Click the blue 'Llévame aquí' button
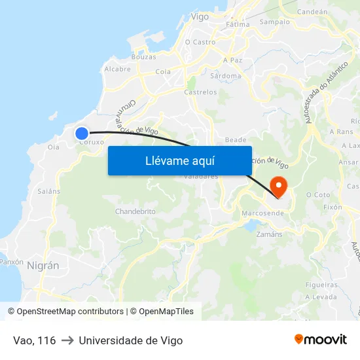pos(179,160)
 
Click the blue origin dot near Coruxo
pos(82,132)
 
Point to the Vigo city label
pos(199,16)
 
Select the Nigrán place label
pos(43,265)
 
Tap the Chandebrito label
pos(135,211)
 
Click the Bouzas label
pos(143,57)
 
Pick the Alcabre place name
pos(117,68)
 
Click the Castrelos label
pos(200,92)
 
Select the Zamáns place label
pos(269,234)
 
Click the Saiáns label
pos(49,191)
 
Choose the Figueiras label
pos(321,285)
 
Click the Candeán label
pos(312,11)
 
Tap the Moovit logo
pos(321,339)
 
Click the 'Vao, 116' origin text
pos(34,340)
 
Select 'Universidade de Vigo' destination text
pos(131,340)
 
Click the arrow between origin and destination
pos(67,340)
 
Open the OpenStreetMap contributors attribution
pos(69,312)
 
